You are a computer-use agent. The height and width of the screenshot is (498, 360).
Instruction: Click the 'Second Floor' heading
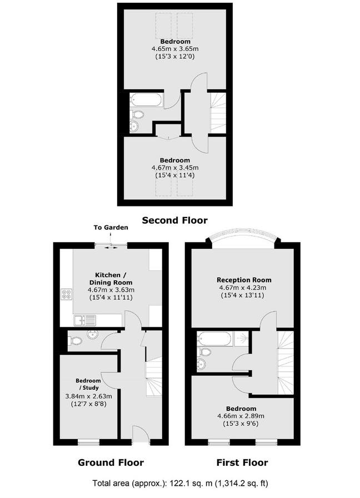click(x=174, y=220)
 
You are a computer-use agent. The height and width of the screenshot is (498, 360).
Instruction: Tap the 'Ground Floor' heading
click(x=111, y=462)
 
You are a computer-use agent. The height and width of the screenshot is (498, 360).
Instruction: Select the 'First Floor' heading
click(x=242, y=462)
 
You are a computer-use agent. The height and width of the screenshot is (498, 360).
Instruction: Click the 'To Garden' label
click(x=111, y=228)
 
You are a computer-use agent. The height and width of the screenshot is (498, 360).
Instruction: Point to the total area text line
click(x=180, y=483)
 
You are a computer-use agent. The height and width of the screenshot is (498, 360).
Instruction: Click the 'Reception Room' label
click(x=244, y=280)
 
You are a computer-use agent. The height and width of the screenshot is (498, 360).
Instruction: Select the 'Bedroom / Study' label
click(x=88, y=384)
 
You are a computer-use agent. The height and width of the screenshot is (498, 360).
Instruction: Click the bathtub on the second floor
click(x=147, y=100)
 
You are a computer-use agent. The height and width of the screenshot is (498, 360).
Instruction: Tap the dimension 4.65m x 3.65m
click(x=175, y=49)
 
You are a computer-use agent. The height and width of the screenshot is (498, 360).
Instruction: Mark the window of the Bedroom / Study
click(x=88, y=442)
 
